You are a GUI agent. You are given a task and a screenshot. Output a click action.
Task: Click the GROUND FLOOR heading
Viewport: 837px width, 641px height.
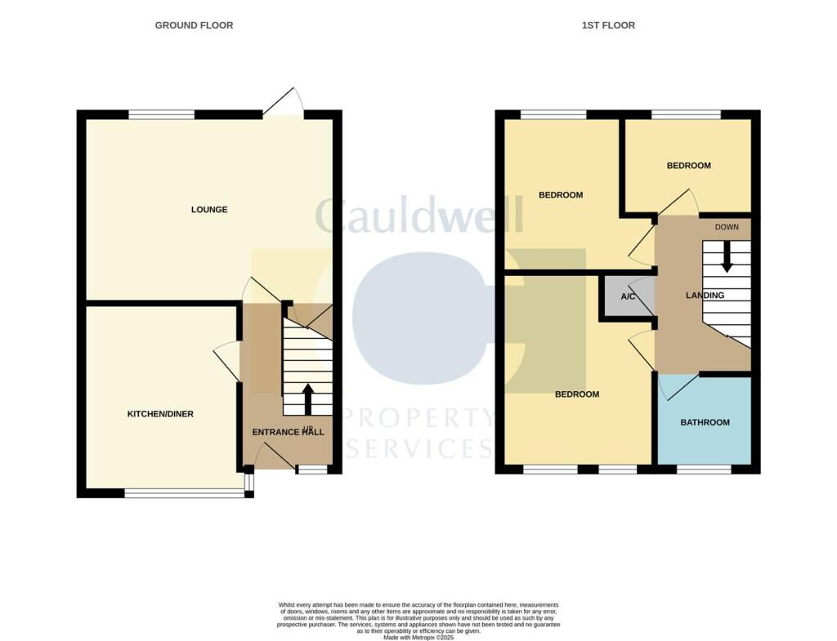(x=194, y=25)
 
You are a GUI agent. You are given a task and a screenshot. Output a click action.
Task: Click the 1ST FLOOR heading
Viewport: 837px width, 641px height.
(x=608, y=25)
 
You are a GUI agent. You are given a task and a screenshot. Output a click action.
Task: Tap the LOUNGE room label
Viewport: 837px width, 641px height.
(x=209, y=210)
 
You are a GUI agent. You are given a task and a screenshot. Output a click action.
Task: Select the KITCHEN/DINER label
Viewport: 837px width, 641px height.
(x=160, y=414)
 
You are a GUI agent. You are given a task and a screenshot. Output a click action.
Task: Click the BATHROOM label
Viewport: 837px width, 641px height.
(x=705, y=423)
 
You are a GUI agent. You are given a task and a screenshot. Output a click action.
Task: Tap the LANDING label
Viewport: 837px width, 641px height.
(x=705, y=296)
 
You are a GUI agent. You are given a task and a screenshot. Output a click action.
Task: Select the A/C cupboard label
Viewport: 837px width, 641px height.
(x=628, y=296)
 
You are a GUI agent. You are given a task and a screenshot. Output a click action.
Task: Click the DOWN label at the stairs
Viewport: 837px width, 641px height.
(x=727, y=227)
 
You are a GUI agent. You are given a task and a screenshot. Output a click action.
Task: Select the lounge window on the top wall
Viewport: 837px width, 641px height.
(x=161, y=114)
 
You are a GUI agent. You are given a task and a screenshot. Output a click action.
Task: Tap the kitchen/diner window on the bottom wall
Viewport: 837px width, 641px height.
(x=183, y=492)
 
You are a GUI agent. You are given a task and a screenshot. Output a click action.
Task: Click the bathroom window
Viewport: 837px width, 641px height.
(x=704, y=470)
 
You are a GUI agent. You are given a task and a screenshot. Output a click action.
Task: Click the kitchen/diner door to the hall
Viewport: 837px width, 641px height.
(x=227, y=358)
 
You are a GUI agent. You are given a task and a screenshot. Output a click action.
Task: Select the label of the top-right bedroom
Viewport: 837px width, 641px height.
(x=688, y=166)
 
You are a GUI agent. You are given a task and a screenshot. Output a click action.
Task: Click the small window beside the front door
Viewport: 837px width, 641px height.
(x=310, y=470)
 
